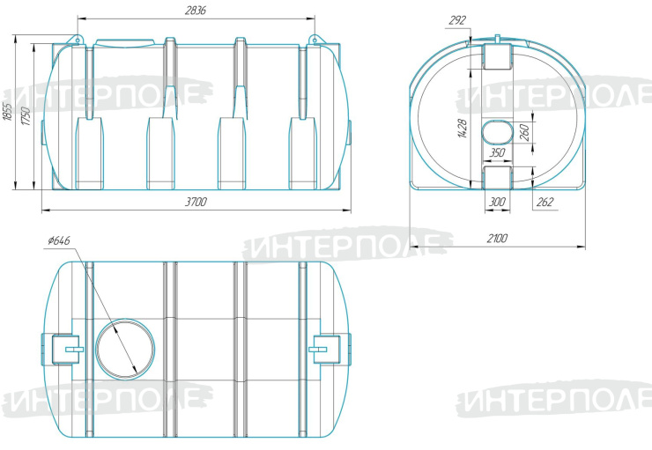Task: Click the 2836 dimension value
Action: [195, 11]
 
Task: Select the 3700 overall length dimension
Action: [196, 202]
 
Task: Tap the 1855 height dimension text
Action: [8, 112]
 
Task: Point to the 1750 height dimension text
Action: [26, 117]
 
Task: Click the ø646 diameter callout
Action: [59, 240]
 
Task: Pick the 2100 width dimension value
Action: [497, 239]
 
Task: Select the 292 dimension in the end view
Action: [457, 20]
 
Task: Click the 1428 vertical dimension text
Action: [462, 129]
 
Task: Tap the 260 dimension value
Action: [525, 133]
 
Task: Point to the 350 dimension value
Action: [497, 153]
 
